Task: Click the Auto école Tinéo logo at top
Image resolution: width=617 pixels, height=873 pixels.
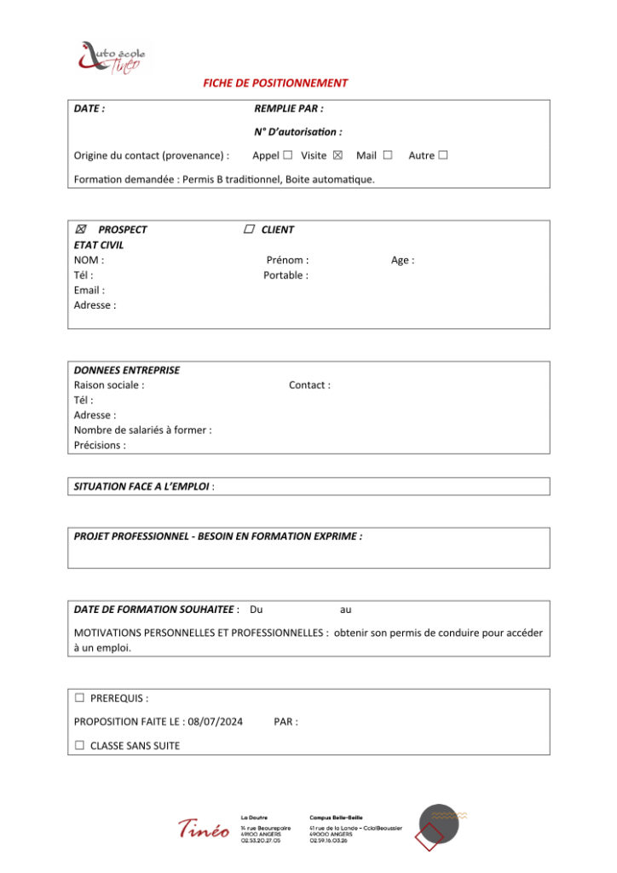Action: tap(111, 57)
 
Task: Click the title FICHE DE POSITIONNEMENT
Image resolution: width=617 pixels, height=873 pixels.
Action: tap(275, 84)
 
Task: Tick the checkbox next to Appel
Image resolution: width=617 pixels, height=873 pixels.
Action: tap(288, 155)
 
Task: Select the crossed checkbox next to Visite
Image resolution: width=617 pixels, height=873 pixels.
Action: tap(337, 155)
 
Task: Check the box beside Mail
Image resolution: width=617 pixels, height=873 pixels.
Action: tap(388, 155)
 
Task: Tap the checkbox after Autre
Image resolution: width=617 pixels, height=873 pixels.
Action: tap(443, 155)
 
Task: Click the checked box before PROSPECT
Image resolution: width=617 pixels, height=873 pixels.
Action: tap(81, 229)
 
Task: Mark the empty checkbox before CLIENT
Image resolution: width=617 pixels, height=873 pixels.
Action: tap(249, 229)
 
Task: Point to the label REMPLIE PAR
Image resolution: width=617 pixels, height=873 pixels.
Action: tap(288, 109)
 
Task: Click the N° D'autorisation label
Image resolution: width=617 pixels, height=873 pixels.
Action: tap(297, 132)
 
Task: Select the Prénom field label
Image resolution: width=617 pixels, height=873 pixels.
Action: tap(287, 260)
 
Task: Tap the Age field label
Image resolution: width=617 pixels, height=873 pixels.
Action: tap(402, 260)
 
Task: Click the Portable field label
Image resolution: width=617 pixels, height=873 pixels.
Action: tap(285, 275)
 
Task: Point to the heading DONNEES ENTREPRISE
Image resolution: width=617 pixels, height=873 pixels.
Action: tap(127, 370)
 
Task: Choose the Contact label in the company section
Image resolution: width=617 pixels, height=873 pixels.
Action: tap(309, 385)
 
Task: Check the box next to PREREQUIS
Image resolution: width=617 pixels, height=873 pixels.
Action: tap(79, 698)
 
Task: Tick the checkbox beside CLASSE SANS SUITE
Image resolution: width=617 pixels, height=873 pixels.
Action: tap(79, 746)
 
